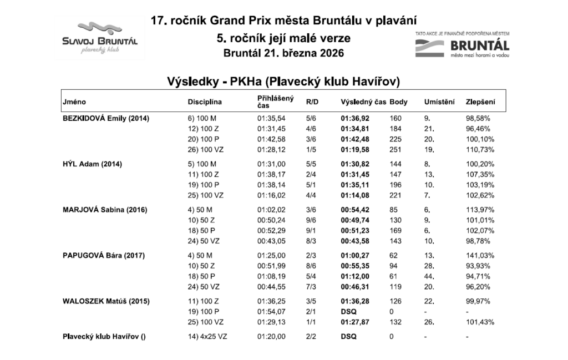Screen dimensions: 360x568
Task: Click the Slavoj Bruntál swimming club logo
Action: pos(100,38)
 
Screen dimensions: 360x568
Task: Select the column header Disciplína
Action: pos(205,102)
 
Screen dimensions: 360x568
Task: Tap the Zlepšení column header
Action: pos(480,102)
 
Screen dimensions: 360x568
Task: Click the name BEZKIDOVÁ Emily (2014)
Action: pos(106,118)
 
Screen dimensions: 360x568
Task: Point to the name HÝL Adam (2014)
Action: pos(93,164)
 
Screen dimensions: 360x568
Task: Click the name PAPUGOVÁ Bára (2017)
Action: pos(104,255)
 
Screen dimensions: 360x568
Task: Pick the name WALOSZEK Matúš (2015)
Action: pos(105,301)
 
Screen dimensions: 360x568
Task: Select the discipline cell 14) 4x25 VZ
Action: pos(209,337)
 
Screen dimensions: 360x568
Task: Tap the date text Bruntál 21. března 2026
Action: pos(283,54)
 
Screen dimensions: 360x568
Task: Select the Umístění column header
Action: pos(439,102)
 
